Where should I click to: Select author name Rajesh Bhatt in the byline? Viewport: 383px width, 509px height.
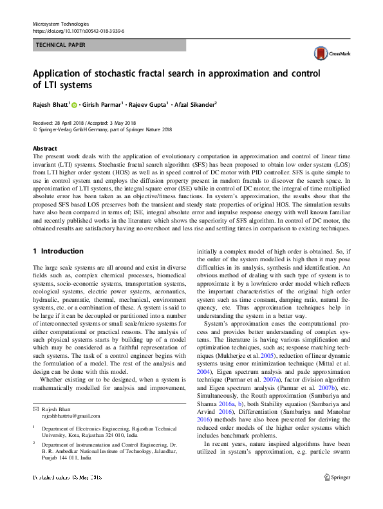50,105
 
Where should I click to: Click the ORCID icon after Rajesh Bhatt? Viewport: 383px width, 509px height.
74,105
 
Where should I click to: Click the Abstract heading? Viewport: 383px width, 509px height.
44,148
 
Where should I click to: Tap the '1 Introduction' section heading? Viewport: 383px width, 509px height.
58,251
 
